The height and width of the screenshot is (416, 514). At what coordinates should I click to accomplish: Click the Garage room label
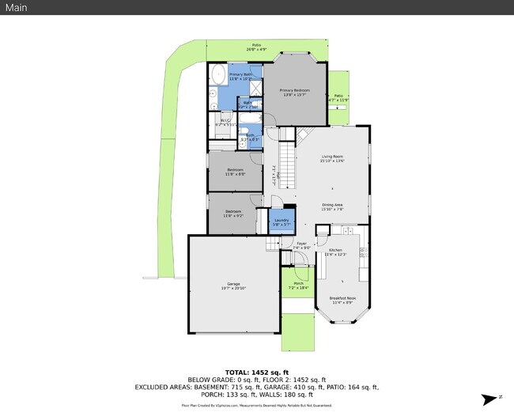pos(233,286)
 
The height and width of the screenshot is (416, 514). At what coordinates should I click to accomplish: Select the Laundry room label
pos(282,222)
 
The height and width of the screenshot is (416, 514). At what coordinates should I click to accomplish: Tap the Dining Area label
pos(332,207)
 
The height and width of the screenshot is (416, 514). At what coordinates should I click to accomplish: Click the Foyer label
pos(301,245)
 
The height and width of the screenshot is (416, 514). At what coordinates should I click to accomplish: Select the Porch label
pos(298,285)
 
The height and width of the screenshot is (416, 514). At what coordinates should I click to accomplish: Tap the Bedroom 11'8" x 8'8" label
pos(235,172)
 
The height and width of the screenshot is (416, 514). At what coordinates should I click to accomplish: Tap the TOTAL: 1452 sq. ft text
pos(256,372)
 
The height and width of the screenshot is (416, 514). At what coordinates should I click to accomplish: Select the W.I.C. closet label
pos(225,123)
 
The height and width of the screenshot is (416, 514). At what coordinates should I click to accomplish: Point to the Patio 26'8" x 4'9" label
pos(255,47)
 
